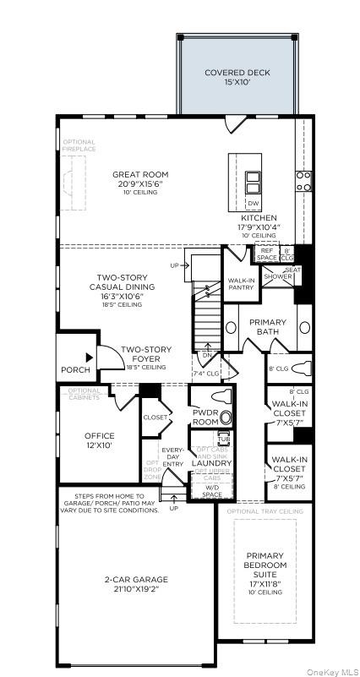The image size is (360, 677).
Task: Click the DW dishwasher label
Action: [x=253, y=204]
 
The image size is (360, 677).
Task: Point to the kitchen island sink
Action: [x=253, y=183]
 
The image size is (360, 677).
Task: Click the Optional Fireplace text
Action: [x=79, y=145]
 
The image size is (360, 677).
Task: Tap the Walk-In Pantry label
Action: [x=239, y=284]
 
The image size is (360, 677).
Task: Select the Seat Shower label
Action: [x=281, y=274]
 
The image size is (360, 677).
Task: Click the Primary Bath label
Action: [x=268, y=327]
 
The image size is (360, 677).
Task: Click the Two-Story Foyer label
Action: [x=145, y=354]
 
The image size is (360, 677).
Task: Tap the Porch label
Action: [x=75, y=370]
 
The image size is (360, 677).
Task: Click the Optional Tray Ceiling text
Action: [x=265, y=511]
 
